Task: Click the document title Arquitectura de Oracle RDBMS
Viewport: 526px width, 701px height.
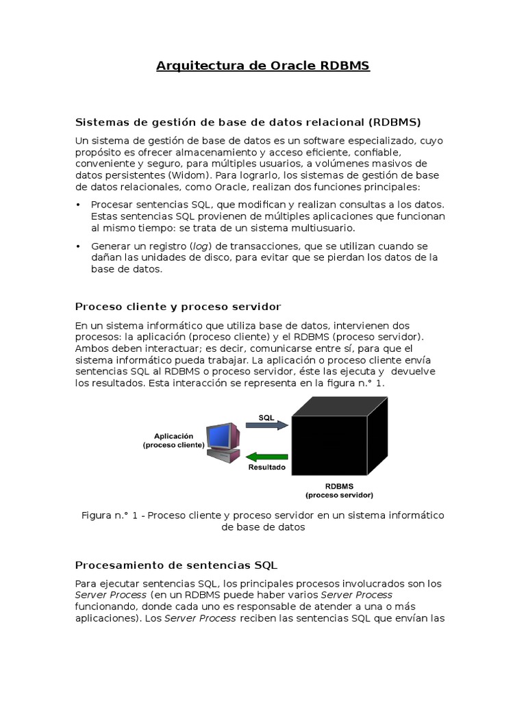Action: pos(263,66)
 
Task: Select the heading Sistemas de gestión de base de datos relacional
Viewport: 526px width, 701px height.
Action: pos(247,122)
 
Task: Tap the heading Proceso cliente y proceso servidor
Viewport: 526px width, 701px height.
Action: pos(177,307)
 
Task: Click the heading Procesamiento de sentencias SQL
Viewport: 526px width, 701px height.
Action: pos(176,565)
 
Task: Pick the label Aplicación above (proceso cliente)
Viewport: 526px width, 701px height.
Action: pos(173,435)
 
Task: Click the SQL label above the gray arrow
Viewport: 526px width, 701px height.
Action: pos(266,416)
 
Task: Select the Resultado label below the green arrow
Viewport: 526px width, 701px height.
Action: pos(266,468)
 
